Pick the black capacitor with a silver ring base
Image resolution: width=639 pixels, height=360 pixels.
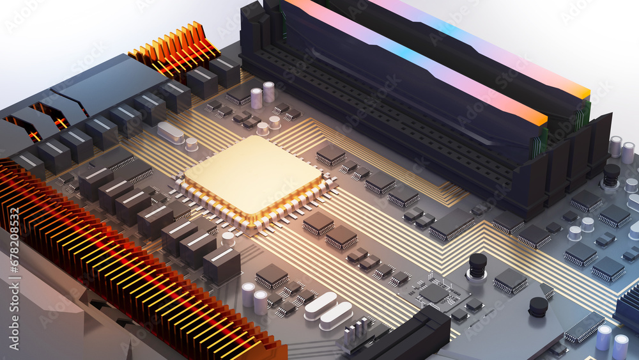point(477,266)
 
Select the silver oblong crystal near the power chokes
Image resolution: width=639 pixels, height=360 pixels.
point(171,132)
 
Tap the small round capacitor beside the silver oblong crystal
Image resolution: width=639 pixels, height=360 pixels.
point(191,144)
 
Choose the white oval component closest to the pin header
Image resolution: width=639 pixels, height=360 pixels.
point(335,316)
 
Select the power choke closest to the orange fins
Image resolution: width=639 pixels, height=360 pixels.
point(225,72)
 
